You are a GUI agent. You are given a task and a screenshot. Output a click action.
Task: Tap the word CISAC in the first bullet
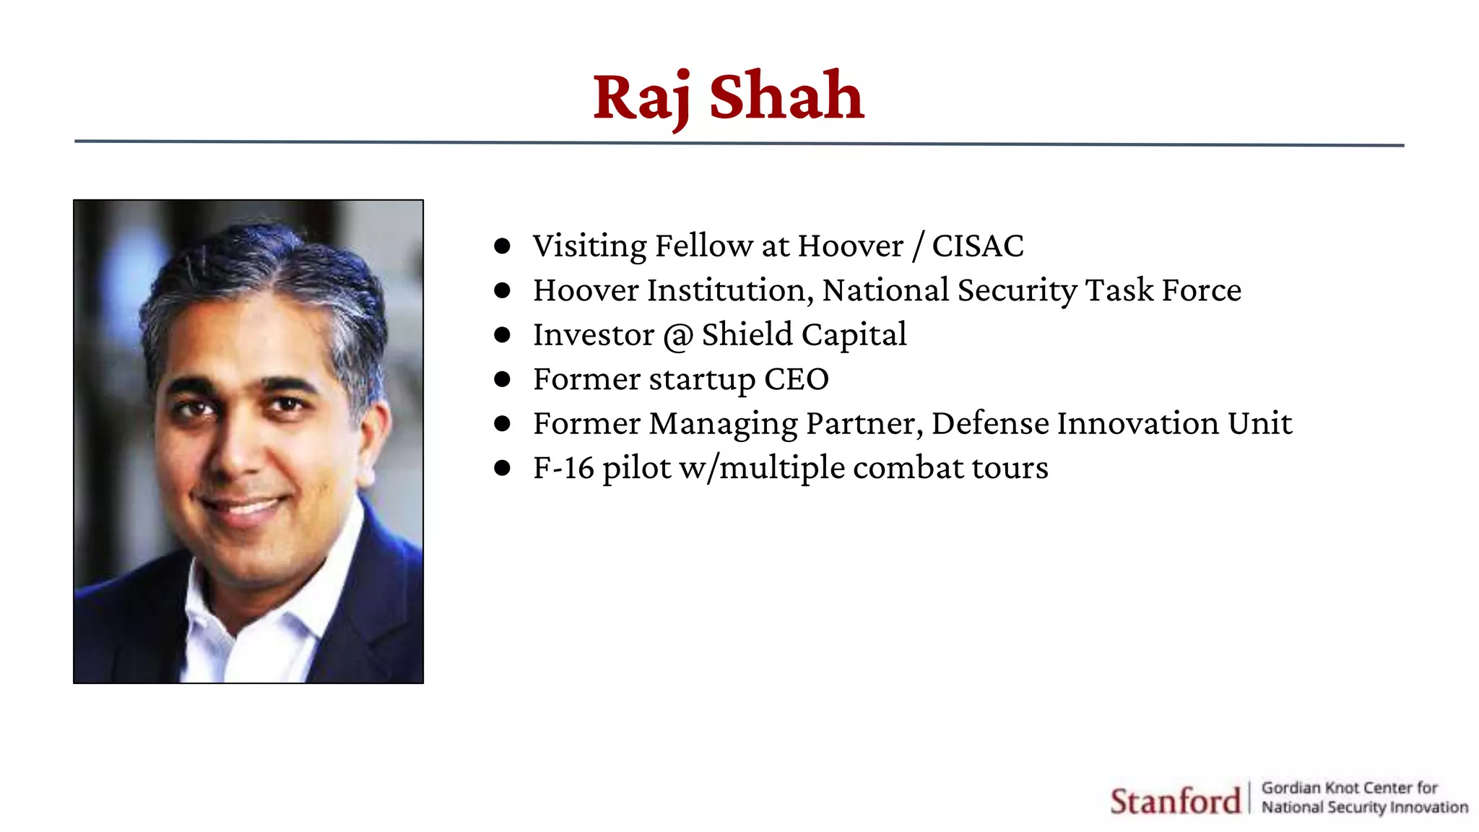(977, 246)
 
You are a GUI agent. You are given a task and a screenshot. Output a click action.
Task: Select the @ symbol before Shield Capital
(678, 336)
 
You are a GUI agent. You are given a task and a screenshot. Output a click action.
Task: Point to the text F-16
(563, 468)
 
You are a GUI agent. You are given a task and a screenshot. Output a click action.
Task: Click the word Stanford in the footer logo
(1174, 801)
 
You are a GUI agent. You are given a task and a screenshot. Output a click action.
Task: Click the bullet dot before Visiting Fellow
(503, 246)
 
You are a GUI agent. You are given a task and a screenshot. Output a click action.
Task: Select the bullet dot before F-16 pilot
(503, 468)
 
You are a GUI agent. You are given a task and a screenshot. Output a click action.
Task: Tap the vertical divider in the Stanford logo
(1249, 797)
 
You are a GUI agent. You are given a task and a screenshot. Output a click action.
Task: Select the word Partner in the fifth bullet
(864, 424)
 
